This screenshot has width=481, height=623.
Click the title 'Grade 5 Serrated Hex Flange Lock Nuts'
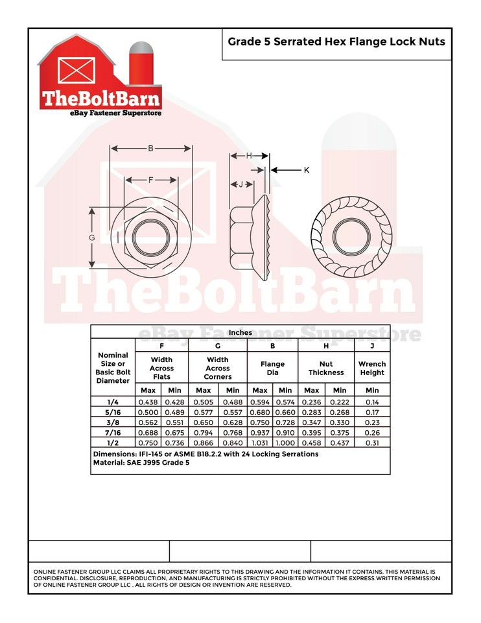pos(336,42)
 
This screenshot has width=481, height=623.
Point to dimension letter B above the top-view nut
pos(150,149)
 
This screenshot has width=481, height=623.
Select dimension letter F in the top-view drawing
pos(150,180)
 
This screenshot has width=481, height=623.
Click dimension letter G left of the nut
pos(92,238)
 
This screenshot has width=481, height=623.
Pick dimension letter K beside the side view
pos(306,170)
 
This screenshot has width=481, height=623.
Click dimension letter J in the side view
pos(240,184)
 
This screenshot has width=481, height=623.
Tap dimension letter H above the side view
pos(249,156)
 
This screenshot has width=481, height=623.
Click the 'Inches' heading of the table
pos(240,332)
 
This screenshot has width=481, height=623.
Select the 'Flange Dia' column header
pos(272,368)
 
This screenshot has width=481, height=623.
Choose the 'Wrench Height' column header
pos(371,368)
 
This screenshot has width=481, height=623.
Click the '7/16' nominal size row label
pos(113,432)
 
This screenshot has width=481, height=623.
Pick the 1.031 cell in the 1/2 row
pos(259,443)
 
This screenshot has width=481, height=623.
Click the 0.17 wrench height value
pos(371,412)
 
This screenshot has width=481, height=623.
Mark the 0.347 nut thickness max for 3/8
pos(311,422)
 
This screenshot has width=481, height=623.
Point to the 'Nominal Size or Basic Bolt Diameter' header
pos(113,368)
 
